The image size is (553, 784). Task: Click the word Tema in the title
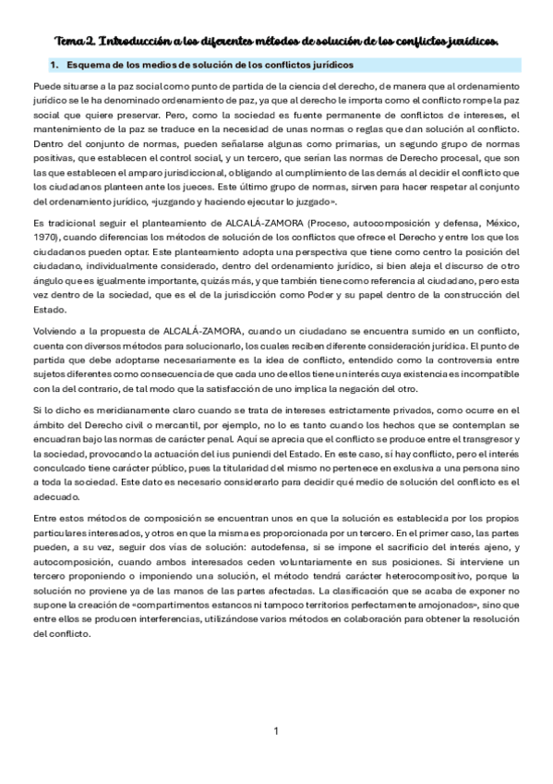(x=71, y=41)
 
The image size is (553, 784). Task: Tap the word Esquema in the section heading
(x=90, y=65)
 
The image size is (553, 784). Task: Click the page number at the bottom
(x=276, y=731)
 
